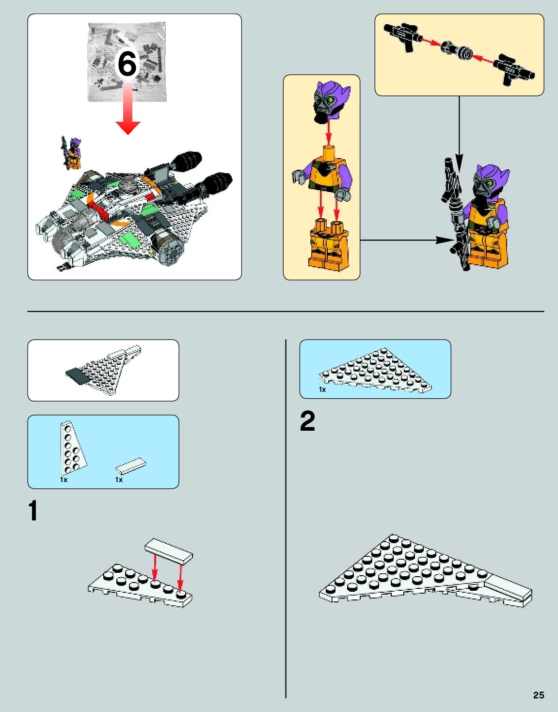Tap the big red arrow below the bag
[128, 108]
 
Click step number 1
[33, 510]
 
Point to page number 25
[539, 695]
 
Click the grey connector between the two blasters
[457, 50]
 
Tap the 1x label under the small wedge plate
[64, 480]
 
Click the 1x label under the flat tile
[119, 480]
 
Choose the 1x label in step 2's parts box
[322, 389]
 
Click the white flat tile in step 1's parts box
[131, 466]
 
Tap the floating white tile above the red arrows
[169, 551]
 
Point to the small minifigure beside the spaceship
[71, 153]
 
